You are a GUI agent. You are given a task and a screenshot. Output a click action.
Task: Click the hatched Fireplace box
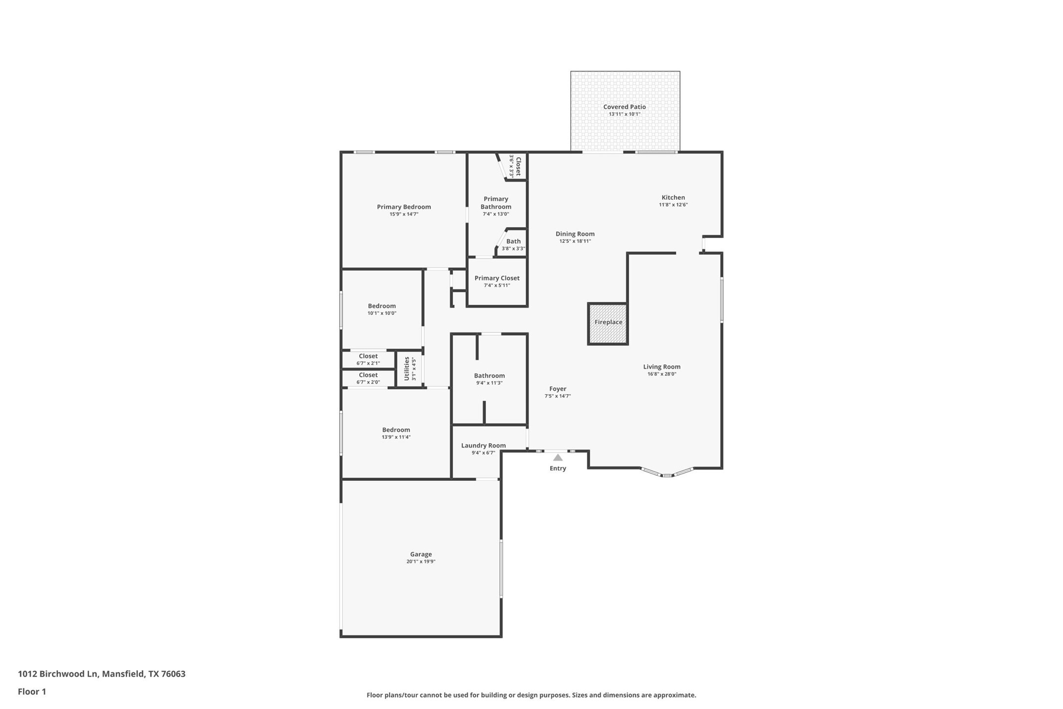[x=608, y=324]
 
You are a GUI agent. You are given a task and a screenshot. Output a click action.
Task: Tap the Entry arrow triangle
[x=557, y=457]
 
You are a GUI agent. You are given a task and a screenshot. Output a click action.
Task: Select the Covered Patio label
[x=624, y=107]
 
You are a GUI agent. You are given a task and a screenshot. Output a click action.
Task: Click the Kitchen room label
[x=673, y=197]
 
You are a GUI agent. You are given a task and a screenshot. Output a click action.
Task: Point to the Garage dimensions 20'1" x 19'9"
[x=420, y=561]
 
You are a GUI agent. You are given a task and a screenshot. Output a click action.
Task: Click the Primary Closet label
[x=497, y=278]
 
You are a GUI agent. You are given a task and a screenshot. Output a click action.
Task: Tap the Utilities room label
[x=407, y=368]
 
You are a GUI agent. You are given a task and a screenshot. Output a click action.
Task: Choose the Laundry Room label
[x=483, y=446]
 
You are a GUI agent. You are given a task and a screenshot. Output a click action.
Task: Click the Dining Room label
[x=575, y=234]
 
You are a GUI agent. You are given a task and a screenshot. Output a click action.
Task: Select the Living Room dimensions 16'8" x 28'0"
[x=661, y=374]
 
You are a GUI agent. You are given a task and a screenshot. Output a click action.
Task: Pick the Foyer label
[x=557, y=389]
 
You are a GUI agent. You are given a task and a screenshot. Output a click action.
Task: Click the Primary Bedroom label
[x=404, y=207]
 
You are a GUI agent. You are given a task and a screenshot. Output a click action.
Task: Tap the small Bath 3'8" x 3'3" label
[x=513, y=241]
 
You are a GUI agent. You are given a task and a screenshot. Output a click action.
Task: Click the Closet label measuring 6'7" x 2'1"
[x=368, y=356]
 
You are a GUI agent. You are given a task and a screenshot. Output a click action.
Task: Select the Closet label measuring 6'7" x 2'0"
[x=368, y=375]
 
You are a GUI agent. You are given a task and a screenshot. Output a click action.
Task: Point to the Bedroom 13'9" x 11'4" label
[x=396, y=430]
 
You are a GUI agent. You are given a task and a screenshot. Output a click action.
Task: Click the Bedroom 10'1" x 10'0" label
[x=382, y=306]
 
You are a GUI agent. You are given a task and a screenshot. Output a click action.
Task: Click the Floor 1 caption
[x=32, y=691]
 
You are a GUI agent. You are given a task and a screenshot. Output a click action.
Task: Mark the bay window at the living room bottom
[x=667, y=473]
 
